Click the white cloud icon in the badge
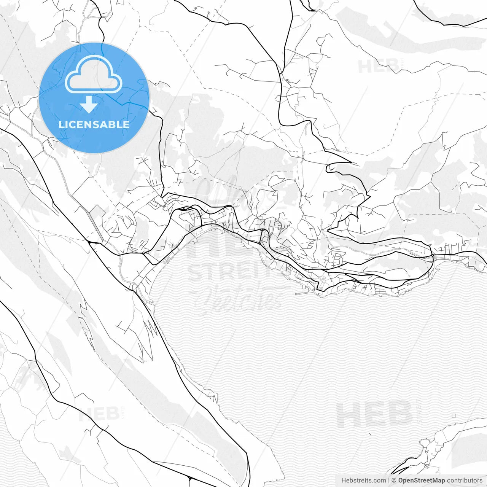[x=94, y=75]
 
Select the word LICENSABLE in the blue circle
[x=94, y=124]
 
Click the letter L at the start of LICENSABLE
[x=60, y=124]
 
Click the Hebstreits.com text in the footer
[x=363, y=481]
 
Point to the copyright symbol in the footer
[x=394, y=481]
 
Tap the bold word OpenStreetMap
[x=421, y=481]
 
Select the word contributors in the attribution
[x=465, y=481]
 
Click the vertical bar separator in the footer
[x=388, y=481]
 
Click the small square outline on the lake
[x=454, y=415]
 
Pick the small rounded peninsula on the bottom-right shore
[x=424, y=443]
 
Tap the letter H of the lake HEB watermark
[x=347, y=415]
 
